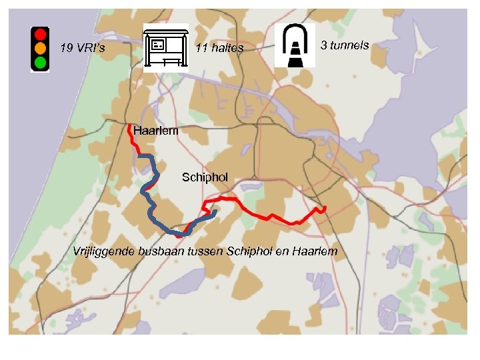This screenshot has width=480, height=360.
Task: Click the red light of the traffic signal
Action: coord(41,33)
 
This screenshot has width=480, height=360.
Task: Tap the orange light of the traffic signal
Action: coord(41,48)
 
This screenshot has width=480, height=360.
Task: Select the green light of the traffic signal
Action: coord(41,63)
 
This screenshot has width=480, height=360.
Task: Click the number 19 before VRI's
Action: coord(66,48)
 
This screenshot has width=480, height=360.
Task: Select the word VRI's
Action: coord(91,48)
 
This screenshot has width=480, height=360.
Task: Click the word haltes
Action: coord(229,48)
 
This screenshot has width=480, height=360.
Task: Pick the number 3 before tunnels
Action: coord(324,45)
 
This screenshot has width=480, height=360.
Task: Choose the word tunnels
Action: coord(349,45)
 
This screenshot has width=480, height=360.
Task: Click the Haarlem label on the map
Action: coord(155,131)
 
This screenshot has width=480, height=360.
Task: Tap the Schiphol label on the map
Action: coord(205,177)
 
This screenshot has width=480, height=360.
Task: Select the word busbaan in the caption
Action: coord(161,251)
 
